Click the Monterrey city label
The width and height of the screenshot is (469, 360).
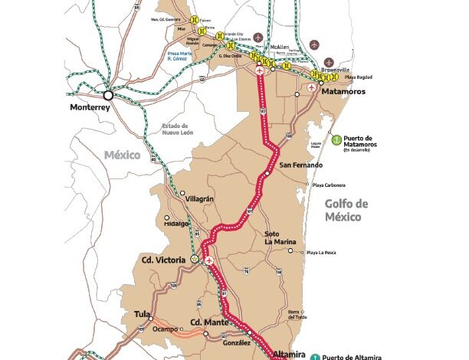pos(90,108)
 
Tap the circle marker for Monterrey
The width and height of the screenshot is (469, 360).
pos(109,95)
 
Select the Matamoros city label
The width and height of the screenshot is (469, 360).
pos(341,91)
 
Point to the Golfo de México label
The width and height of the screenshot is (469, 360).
pos(346,210)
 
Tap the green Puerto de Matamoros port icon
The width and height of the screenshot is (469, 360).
pos(335,139)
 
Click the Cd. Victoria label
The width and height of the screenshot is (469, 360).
pos(163,260)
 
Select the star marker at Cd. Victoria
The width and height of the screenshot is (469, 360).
pos(195,260)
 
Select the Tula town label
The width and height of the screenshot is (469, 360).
pos(142,314)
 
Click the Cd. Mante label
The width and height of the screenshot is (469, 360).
pos(207,322)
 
